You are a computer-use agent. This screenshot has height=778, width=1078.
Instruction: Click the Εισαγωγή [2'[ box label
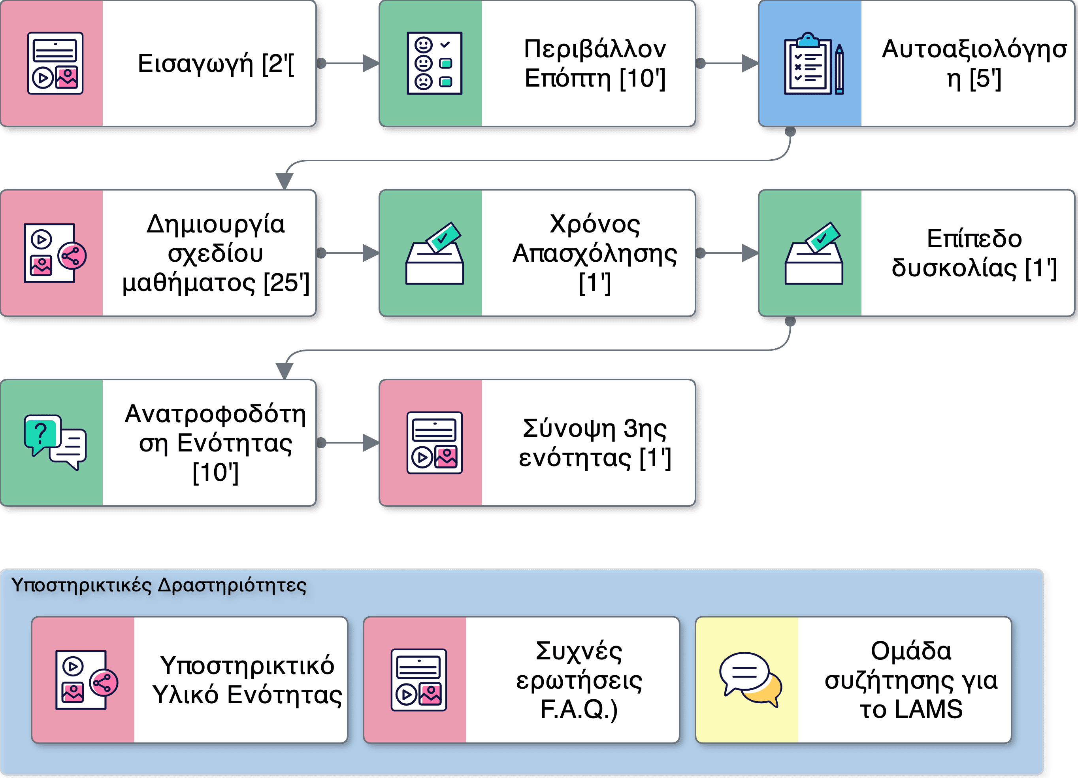point(215,64)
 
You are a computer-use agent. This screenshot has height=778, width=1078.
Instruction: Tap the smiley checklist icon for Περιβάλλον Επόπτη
point(434,63)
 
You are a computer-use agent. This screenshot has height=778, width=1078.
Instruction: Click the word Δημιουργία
point(215,224)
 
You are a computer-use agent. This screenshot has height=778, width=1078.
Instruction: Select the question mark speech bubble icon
point(42,434)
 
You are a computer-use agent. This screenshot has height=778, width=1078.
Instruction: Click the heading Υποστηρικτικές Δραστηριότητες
point(159,585)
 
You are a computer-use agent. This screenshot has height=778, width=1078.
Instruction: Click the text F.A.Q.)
point(579,710)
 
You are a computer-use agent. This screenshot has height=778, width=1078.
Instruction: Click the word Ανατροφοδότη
point(215,414)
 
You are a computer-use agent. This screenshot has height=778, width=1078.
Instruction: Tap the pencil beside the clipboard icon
point(839,69)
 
